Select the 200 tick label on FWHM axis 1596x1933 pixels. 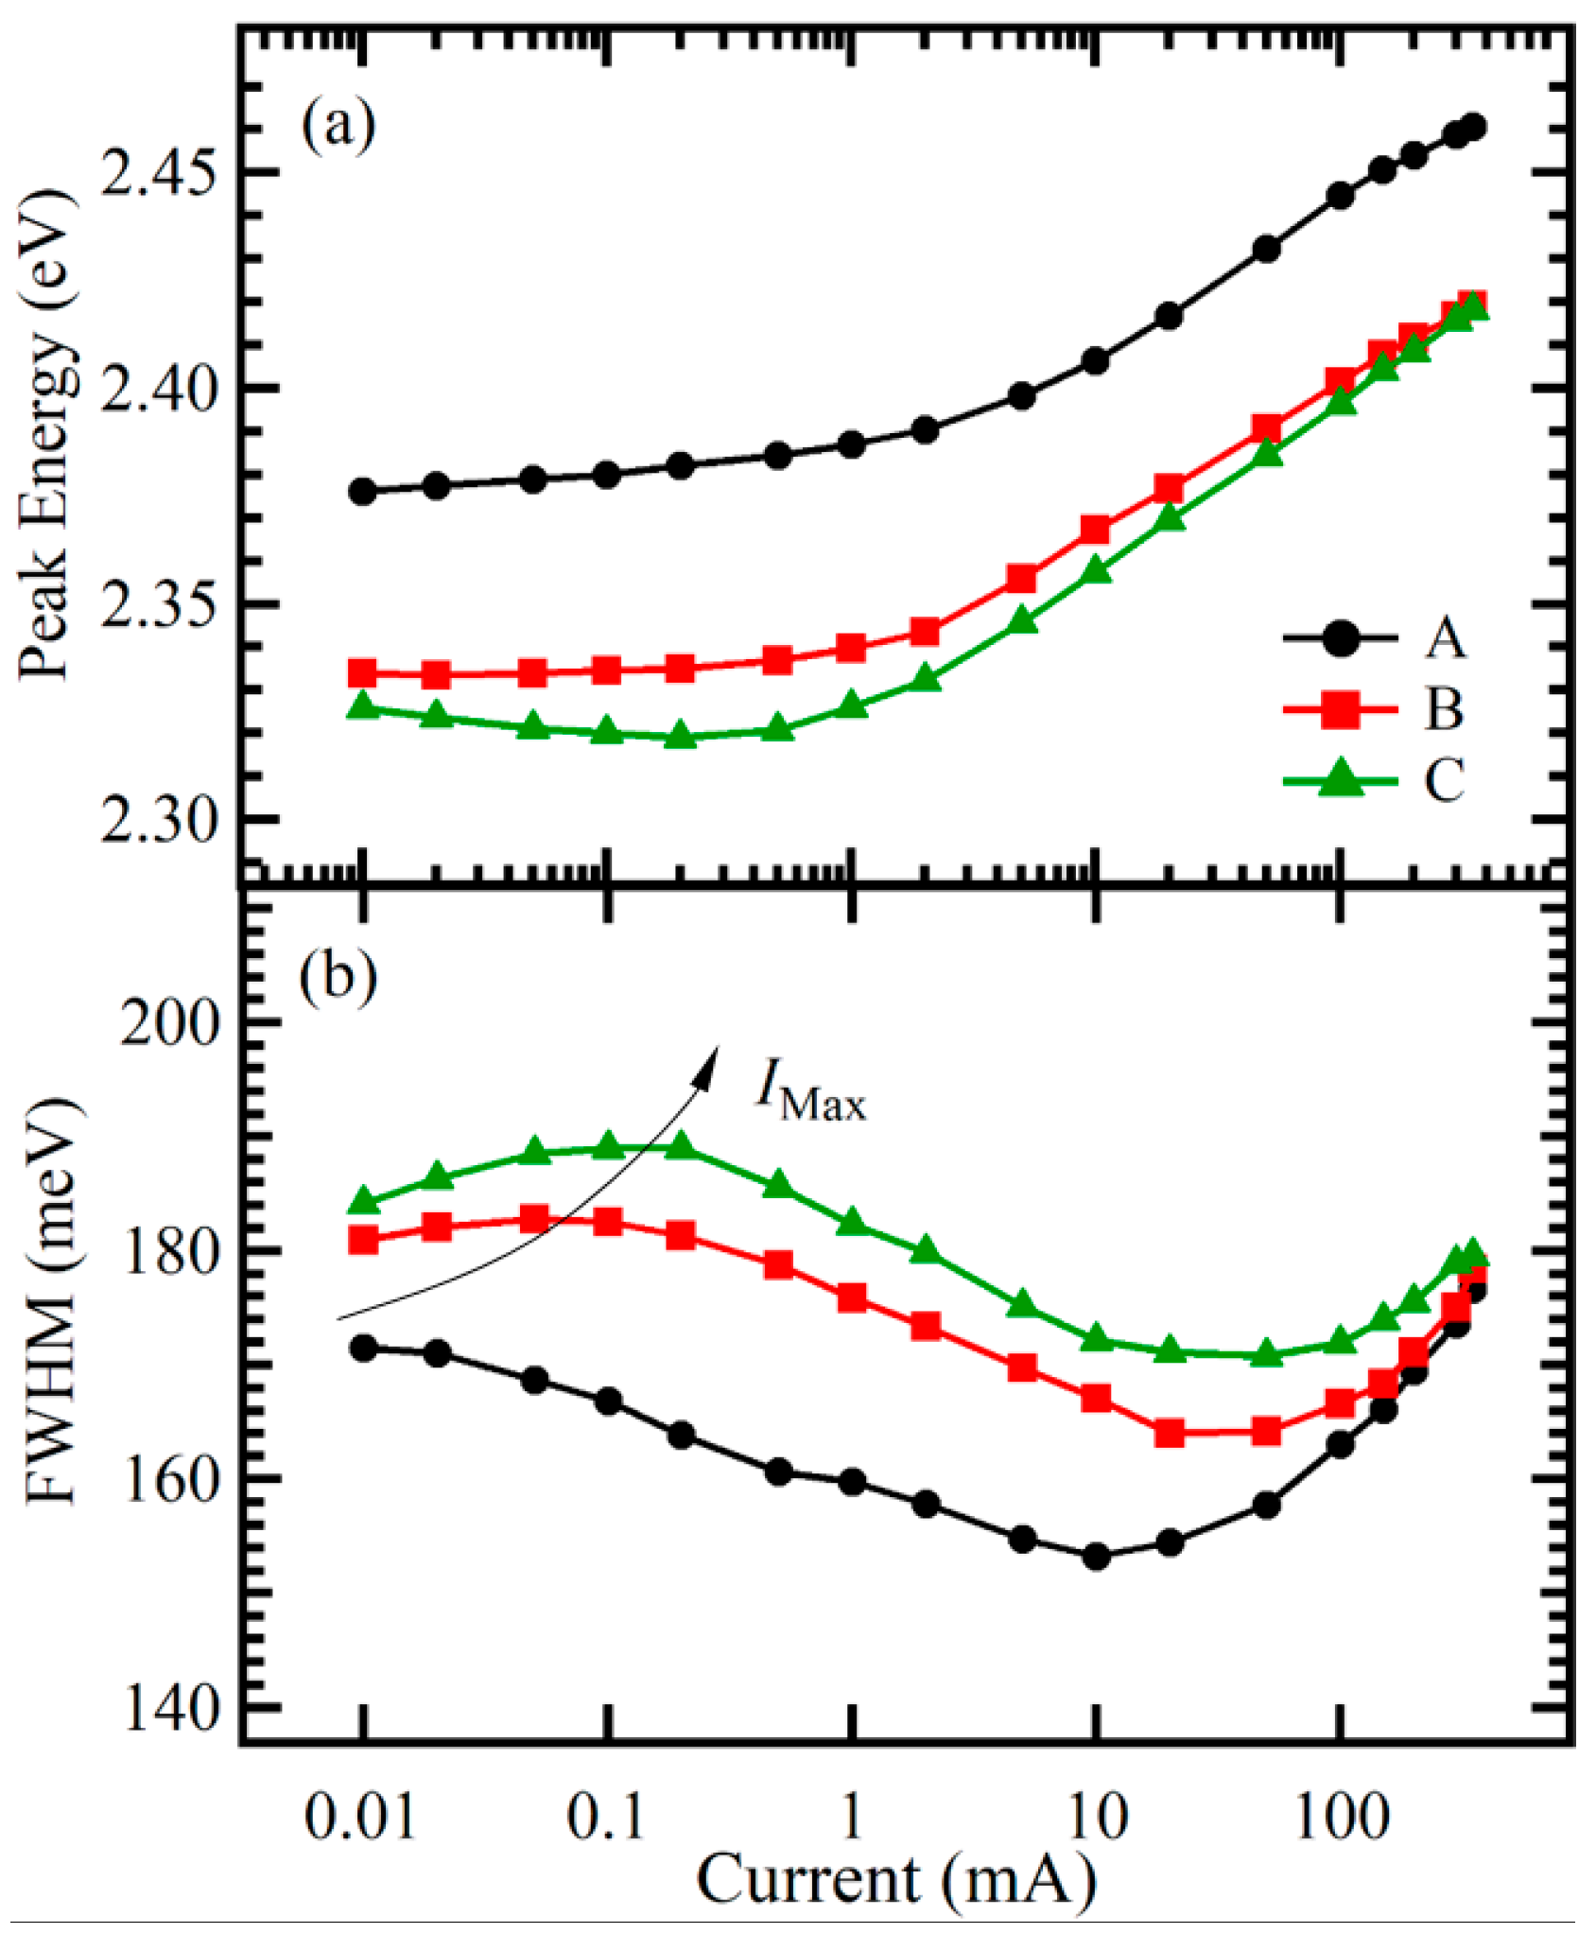coord(169,1021)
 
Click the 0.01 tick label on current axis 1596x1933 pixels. coord(361,1817)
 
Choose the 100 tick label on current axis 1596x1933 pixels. coord(1342,1817)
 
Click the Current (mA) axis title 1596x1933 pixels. coord(896,1881)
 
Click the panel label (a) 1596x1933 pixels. coord(338,124)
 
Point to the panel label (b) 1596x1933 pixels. coord(338,975)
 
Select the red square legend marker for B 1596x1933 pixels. coord(1340,710)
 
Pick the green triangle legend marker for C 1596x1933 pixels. coord(1340,779)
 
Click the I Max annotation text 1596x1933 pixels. coord(811,1089)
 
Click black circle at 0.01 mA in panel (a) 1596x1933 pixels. coord(362,492)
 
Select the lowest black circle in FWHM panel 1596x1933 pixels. coord(1096,1557)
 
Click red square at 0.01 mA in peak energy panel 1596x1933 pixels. coord(362,674)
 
